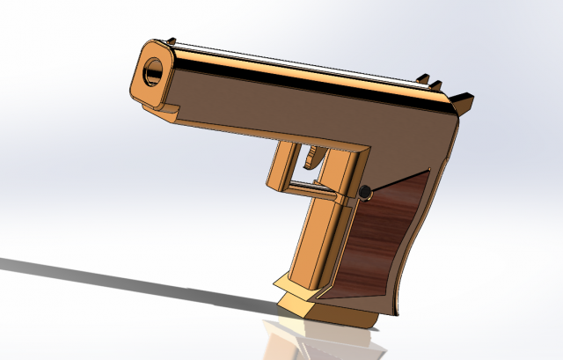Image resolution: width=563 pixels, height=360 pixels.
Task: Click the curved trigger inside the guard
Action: (314, 158)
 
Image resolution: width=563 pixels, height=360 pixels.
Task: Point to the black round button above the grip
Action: (364, 192)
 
